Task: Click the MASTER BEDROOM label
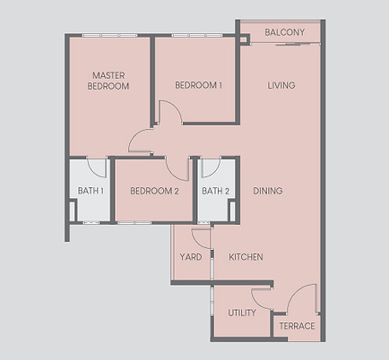tap(108, 81)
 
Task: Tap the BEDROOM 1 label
tap(198, 85)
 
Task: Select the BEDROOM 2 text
tap(154, 191)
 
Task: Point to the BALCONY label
tap(285, 33)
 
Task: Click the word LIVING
tap(281, 85)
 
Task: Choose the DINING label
tap(268, 191)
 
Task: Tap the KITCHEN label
tap(246, 257)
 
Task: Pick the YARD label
tap(190, 257)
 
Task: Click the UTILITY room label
tap(241, 313)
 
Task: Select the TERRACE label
tap(297, 326)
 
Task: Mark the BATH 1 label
tap(91, 191)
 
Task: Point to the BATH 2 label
tap(216, 191)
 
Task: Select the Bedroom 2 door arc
tap(178, 167)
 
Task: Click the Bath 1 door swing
tap(98, 167)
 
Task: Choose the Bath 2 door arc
tap(212, 168)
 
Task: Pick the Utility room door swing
tap(263, 299)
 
